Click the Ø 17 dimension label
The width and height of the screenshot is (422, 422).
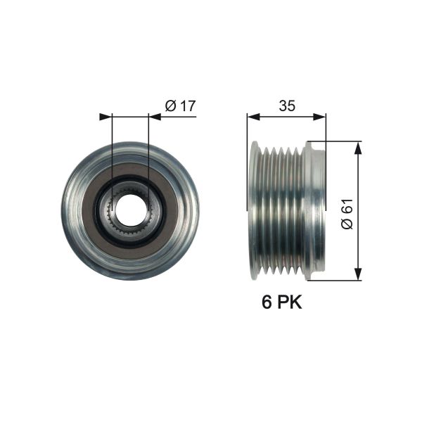tap(179, 106)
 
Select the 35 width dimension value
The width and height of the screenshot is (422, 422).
tap(286, 106)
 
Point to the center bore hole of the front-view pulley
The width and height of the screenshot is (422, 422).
tap(129, 210)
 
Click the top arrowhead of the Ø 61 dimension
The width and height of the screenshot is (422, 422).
tap(359, 146)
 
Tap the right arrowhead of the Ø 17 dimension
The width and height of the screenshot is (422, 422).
tap(154, 117)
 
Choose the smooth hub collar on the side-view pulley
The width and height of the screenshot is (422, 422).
tap(316, 211)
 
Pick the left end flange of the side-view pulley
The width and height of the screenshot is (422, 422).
tap(255, 211)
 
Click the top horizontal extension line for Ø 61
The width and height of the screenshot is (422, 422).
tap(338, 141)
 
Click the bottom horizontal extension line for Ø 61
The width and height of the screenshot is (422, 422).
tap(338, 281)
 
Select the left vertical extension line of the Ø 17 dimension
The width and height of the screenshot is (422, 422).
tap(112, 155)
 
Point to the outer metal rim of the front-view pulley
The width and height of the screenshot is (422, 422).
tap(70, 211)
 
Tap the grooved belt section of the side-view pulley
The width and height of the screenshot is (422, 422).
tap(281, 211)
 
